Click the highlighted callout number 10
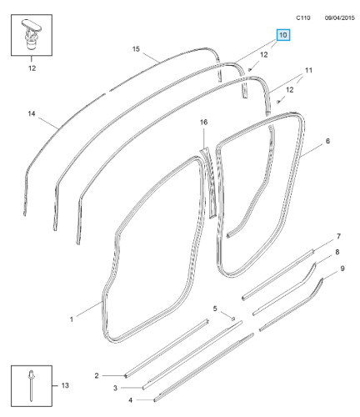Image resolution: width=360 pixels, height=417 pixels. coord(282,35)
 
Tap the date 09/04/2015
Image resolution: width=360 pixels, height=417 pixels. coord(340,18)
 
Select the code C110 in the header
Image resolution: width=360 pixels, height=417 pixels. coord(303,18)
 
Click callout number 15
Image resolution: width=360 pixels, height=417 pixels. coord(136,49)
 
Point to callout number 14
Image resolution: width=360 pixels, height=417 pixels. coord(32,113)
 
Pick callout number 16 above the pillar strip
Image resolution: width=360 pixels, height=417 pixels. coord(203,122)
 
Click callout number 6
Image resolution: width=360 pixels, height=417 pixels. coord(327,141)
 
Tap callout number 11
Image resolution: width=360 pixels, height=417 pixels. coord(308,70)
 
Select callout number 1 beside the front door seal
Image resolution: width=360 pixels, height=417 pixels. coord(72,319)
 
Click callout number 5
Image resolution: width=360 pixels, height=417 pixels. coord(215,309)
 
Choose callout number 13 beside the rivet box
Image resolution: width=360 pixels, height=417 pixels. coord(65,385)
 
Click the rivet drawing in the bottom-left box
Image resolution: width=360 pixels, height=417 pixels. coord(31,386)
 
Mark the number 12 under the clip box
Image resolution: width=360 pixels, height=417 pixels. coord(32,68)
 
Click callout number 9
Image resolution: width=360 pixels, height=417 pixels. coord(342,269)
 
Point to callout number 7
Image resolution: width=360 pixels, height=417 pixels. coord(338,236)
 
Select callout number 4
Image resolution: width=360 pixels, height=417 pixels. coord(131,400)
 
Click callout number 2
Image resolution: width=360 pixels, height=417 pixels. coord(97,376)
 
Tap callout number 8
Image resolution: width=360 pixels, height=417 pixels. coord(337,252)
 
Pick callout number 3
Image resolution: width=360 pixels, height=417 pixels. coord(115,388)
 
